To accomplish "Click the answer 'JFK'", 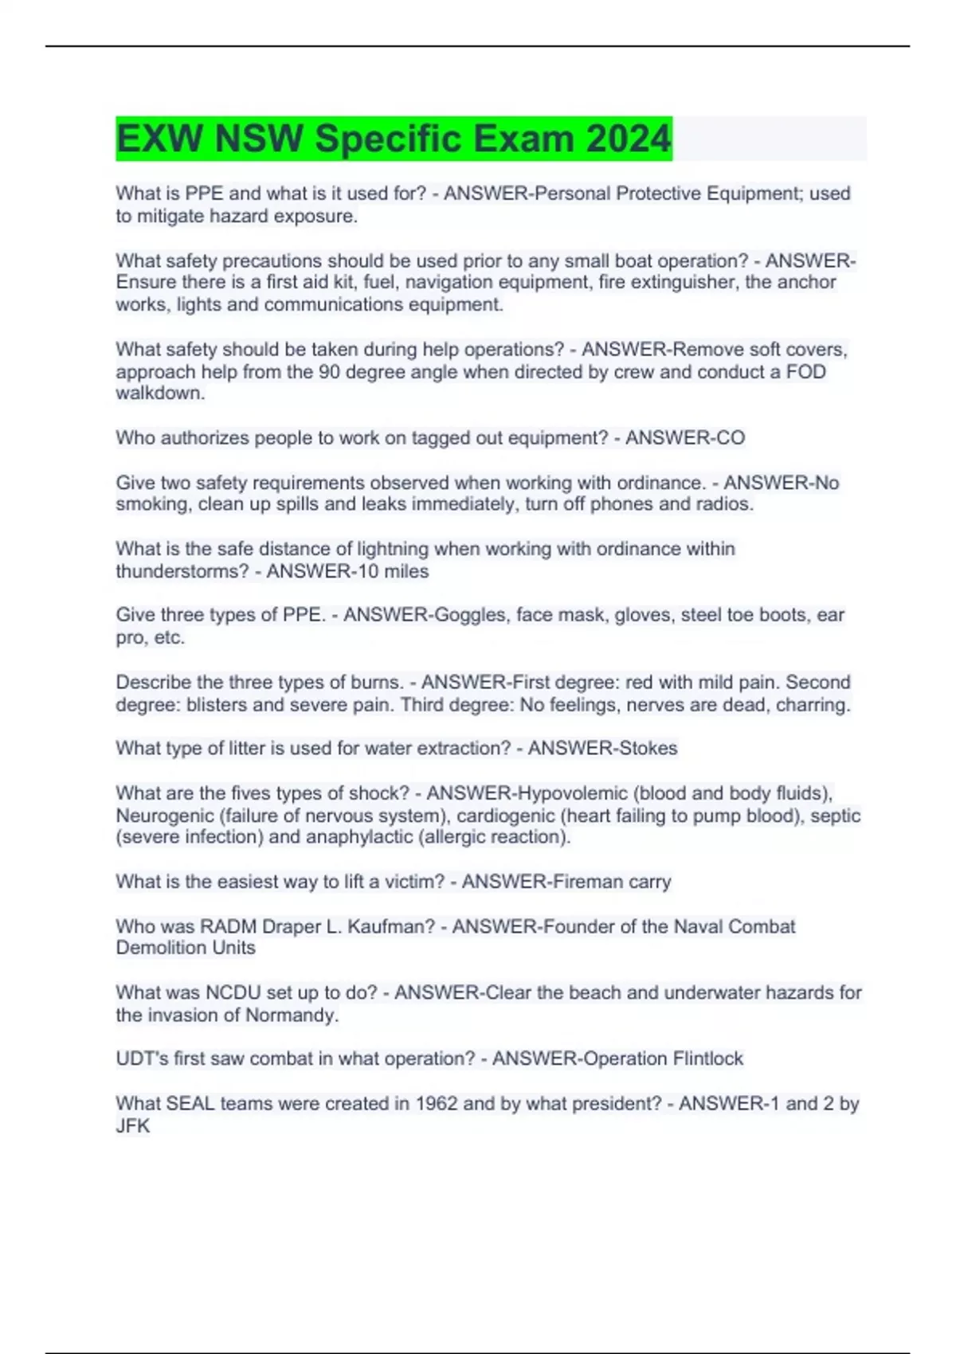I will click(132, 1126).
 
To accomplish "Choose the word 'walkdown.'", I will click(160, 393).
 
